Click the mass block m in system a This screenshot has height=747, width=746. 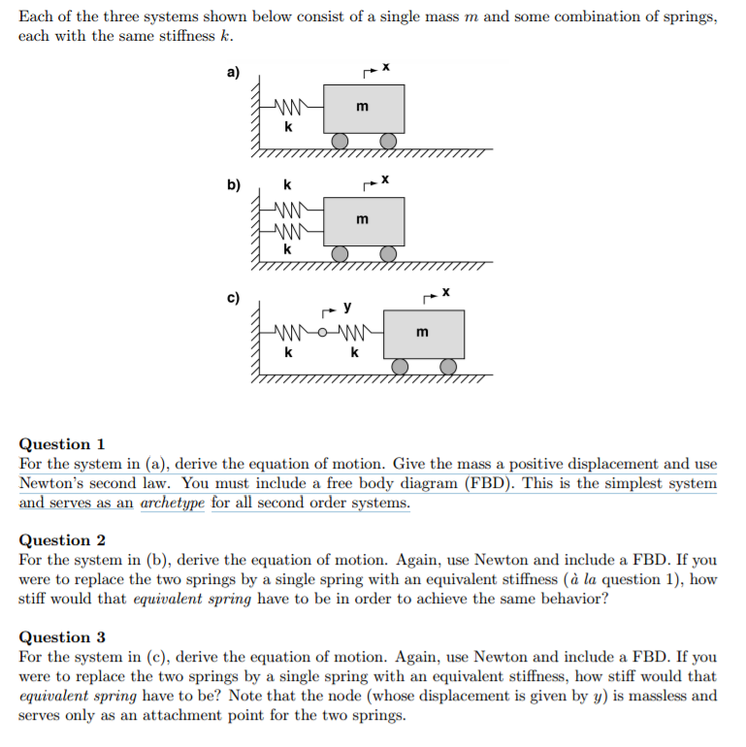364,109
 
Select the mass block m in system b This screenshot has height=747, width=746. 364,220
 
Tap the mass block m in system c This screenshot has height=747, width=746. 424,334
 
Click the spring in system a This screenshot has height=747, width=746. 290,109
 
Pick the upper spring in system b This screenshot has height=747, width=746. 290,210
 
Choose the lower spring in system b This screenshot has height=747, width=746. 290,231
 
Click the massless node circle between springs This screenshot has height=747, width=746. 324,334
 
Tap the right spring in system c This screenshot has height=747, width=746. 354,334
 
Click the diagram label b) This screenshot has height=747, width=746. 234,184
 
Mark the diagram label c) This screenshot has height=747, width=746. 234,297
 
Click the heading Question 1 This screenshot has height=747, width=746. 62,443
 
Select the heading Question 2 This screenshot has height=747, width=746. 62,539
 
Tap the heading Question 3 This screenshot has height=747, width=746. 62,636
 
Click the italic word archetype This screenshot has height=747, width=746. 173,503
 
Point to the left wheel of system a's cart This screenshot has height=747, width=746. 341,142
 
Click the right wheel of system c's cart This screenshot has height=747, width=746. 448,366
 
